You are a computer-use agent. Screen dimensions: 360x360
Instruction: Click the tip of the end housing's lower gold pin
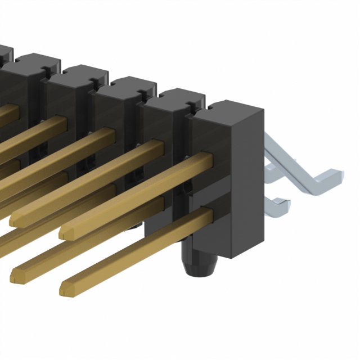click(x=64, y=289)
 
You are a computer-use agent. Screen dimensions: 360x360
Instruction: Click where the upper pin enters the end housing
click(x=208, y=160)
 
